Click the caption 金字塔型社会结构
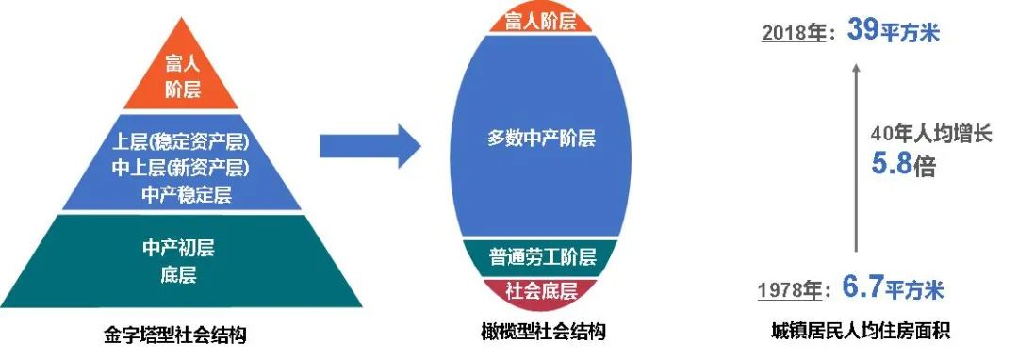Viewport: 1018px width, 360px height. tap(178, 334)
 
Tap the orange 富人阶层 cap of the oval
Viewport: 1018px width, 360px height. tap(541, 20)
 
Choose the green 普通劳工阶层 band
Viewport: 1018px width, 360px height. tap(541, 256)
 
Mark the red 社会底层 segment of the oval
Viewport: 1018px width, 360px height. tap(541, 289)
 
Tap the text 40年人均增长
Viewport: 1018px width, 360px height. tap(931, 135)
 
